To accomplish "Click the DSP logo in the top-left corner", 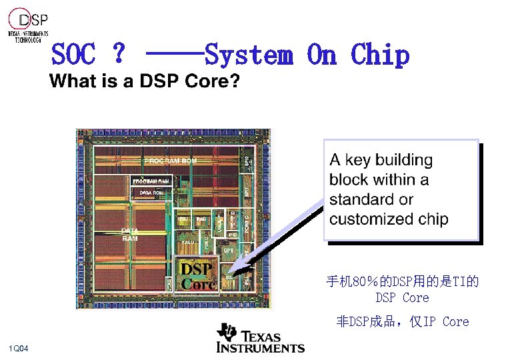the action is pyautogui.click(x=29, y=26).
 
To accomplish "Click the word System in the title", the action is pyautogui.click(x=249, y=55).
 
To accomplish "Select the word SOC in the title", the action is pyautogui.click(x=73, y=55).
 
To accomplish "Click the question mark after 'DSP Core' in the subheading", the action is pyautogui.click(x=235, y=82).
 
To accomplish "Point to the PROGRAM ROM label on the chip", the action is pyautogui.click(x=171, y=160).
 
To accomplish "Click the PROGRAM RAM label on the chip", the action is pyautogui.click(x=151, y=180).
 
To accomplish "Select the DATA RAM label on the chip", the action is pyautogui.click(x=131, y=234).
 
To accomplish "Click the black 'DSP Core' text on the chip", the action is pyautogui.click(x=198, y=276).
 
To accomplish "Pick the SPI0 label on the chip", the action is pyautogui.click(x=246, y=161).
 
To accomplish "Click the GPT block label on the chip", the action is pyautogui.click(x=229, y=250).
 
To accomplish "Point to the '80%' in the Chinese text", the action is pyautogui.click(x=365, y=282).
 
